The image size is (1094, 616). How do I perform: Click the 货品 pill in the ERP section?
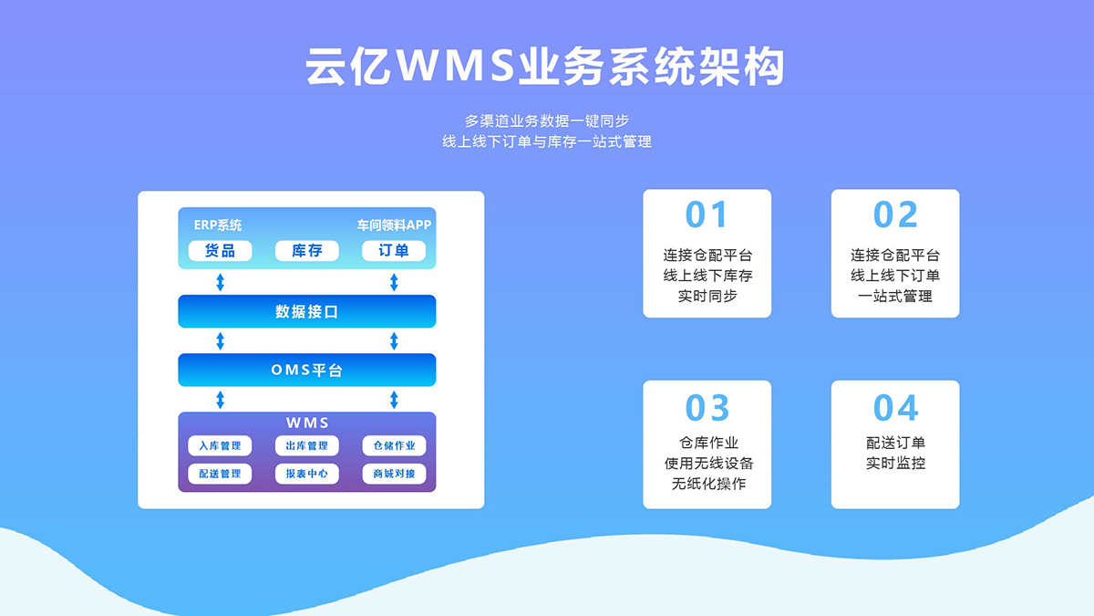click(x=221, y=251)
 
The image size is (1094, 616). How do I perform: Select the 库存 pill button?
click(x=306, y=251)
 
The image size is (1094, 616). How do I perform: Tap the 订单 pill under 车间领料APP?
click(x=394, y=251)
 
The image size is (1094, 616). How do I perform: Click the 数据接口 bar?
click(x=306, y=311)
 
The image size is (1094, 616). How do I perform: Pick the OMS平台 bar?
click(x=306, y=371)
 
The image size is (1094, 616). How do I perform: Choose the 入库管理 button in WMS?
click(x=221, y=445)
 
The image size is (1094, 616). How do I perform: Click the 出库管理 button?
click(x=306, y=445)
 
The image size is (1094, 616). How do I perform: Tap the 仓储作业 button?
click(x=394, y=445)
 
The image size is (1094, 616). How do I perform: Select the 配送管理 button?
click(x=221, y=474)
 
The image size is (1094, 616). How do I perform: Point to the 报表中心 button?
click(x=306, y=474)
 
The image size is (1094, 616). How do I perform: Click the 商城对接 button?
click(x=394, y=474)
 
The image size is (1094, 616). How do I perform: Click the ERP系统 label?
click(x=218, y=224)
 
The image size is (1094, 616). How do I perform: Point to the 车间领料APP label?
click(x=394, y=224)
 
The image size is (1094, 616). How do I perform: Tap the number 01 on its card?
click(x=707, y=214)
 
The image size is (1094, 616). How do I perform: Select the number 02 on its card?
click(x=895, y=214)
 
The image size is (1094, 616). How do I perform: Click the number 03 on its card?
click(x=707, y=408)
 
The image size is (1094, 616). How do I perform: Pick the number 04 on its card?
click(x=895, y=408)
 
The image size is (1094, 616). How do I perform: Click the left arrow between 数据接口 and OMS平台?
click(x=221, y=340)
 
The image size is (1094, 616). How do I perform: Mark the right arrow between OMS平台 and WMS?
click(x=394, y=400)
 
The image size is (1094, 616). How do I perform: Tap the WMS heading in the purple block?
click(x=307, y=423)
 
